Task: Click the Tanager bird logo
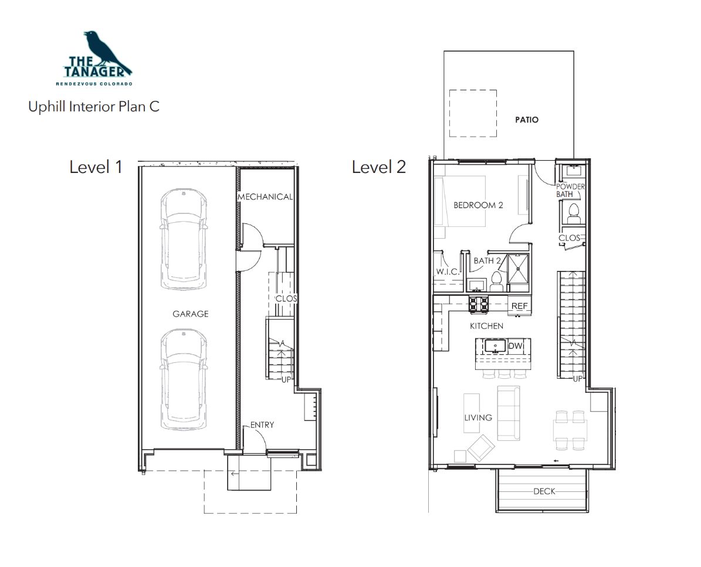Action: (97, 57)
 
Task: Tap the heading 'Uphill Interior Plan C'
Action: (94, 107)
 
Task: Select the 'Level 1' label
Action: (96, 167)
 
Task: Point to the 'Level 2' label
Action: (379, 167)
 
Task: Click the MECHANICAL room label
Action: (265, 196)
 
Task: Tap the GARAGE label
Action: (191, 314)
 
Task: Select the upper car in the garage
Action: (183, 239)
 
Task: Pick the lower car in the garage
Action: (183, 380)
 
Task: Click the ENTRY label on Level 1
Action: (262, 425)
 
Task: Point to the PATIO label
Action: (527, 120)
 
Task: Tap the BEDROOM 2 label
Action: (478, 205)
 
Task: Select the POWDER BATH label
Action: (570, 191)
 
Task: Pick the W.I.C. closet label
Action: (448, 271)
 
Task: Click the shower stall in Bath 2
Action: (519, 269)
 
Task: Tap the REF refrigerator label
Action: (520, 306)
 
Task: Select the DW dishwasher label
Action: (516, 346)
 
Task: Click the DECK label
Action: (544, 491)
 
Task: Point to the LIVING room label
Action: (478, 417)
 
